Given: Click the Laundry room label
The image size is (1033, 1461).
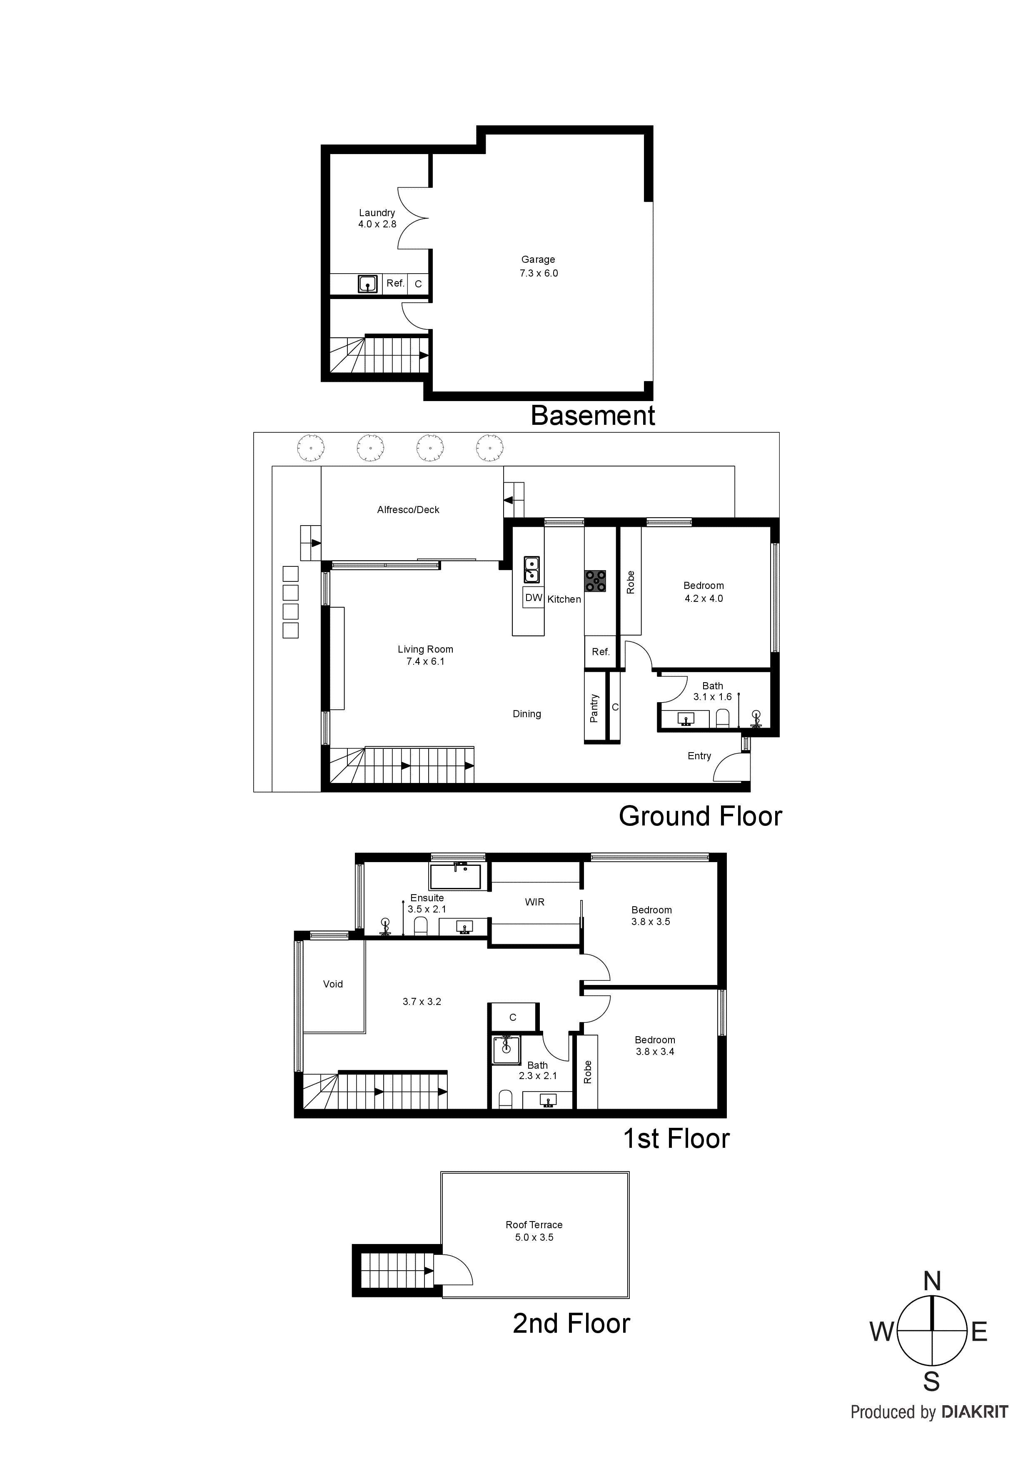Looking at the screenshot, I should [x=377, y=212].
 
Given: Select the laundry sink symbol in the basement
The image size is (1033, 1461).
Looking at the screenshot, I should [x=367, y=283].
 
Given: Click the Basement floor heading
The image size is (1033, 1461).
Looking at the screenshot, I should [x=593, y=416].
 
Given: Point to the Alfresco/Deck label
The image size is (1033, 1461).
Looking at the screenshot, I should [x=408, y=510].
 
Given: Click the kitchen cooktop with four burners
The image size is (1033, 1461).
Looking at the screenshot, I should [x=596, y=581].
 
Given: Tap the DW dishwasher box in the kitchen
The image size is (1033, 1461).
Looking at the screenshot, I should [x=533, y=598].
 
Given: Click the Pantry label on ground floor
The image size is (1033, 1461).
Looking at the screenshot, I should [x=594, y=708].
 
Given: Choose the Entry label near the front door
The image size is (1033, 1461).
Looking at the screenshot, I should [x=699, y=756].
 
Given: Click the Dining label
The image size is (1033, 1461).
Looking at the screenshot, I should [x=526, y=714].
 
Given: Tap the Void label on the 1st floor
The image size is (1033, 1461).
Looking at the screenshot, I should [x=333, y=984].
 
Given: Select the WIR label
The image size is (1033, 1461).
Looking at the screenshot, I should [x=535, y=902].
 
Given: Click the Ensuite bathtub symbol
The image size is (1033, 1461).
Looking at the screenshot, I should [x=457, y=876].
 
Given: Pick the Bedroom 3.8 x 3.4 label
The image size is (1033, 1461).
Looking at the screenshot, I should [x=655, y=1045].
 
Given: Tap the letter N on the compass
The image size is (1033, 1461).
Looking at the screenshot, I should [x=932, y=1281].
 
